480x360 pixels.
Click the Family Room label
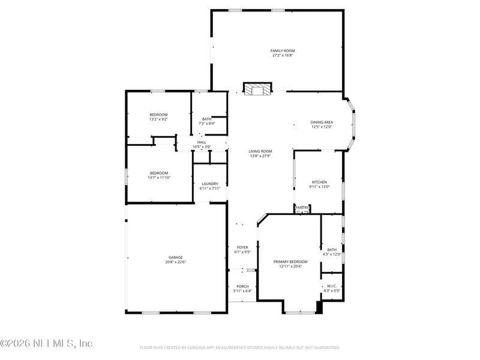(282, 50)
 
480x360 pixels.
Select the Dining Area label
(322, 122)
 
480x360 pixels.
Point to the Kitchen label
(319, 182)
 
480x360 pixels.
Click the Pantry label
(302, 207)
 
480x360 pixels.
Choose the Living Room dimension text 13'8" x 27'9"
(261, 156)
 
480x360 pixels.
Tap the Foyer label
(242, 247)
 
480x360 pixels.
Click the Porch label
(242, 286)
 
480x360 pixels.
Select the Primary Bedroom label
(290, 262)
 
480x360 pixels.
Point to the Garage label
(175, 257)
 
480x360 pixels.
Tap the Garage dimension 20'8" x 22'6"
(175, 262)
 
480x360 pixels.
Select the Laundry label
(210, 184)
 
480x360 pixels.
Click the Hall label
(202, 142)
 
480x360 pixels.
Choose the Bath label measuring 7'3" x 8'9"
(207, 119)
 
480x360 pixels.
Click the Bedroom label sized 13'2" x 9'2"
(158, 114)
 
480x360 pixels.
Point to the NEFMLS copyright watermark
(46, 344)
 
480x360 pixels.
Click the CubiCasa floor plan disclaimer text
(240, 347)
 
